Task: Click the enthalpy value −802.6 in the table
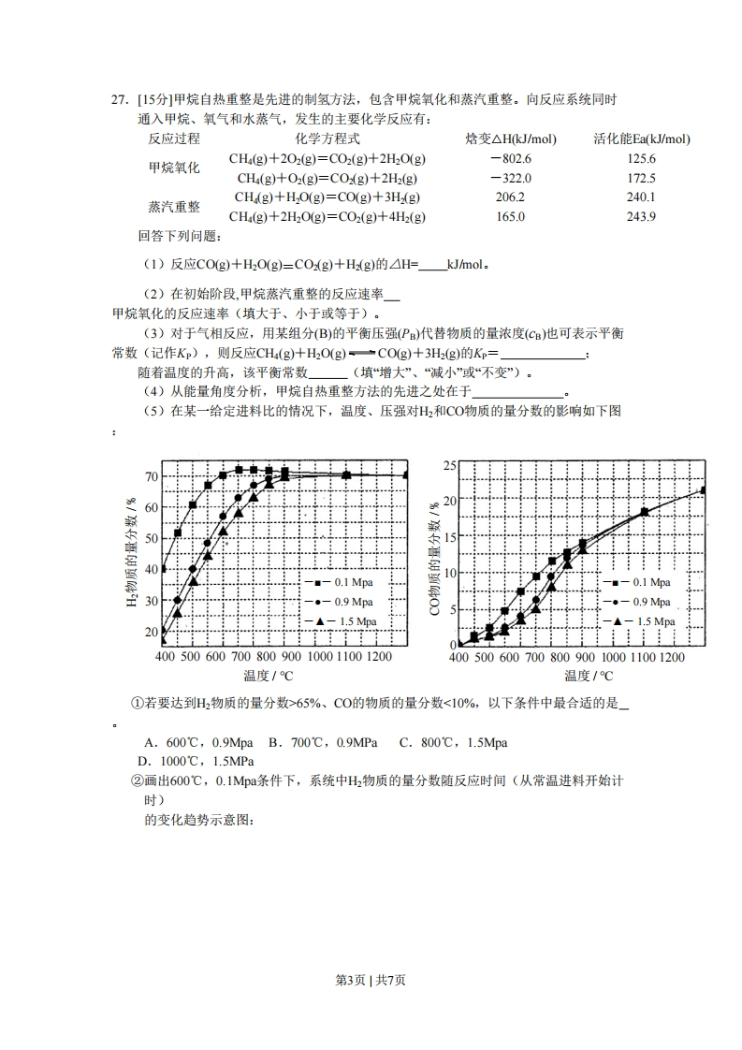click(510, 159)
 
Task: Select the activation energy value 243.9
click(641, 216)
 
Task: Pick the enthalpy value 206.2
click(510, 197)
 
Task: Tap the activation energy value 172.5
click(641, 178)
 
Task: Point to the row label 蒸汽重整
click(174, 207)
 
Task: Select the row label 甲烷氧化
click(174, 168)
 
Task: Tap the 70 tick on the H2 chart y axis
click(151, 476)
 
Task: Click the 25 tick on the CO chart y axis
click(449, 465)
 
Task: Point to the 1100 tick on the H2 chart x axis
click(346, 657)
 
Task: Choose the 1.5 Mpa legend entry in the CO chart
click(643, 621)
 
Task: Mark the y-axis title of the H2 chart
click(131, 555)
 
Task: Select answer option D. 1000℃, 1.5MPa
click(196, 761)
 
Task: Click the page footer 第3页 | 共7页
click(371, 980)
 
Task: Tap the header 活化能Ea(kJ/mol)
click(642, 139)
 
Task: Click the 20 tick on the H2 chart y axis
click(151, 632)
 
